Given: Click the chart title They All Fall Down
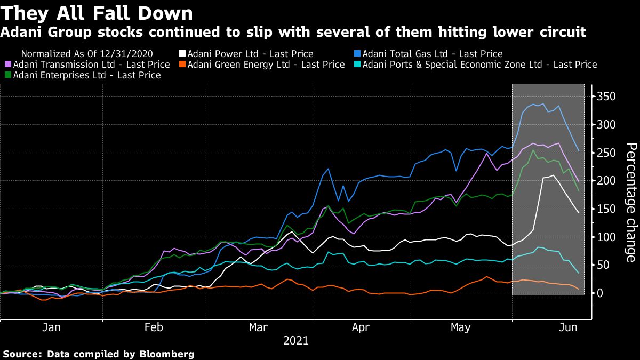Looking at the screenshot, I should [x=97, y=12].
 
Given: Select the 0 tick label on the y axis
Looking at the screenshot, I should [x=601, y=293].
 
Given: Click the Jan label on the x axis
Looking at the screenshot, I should [x=51, y=328].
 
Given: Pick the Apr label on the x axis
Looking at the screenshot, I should [x=361, y=328].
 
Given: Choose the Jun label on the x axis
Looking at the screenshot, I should [x=569, y=328].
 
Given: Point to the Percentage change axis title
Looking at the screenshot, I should [x=630, y=203].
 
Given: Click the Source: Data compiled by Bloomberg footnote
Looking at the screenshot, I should [x=98, y=354].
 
